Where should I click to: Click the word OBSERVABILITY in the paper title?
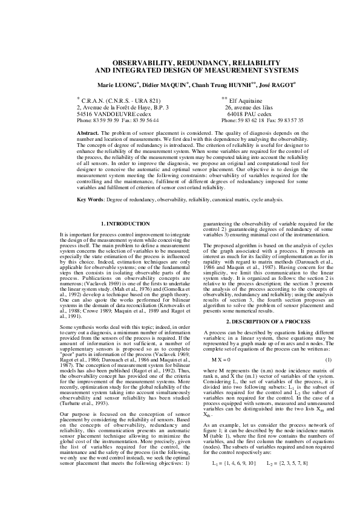tap(141, 63)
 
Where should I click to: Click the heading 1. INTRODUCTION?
tap(125, 223)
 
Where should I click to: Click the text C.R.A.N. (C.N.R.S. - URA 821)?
tap(122, 100)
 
